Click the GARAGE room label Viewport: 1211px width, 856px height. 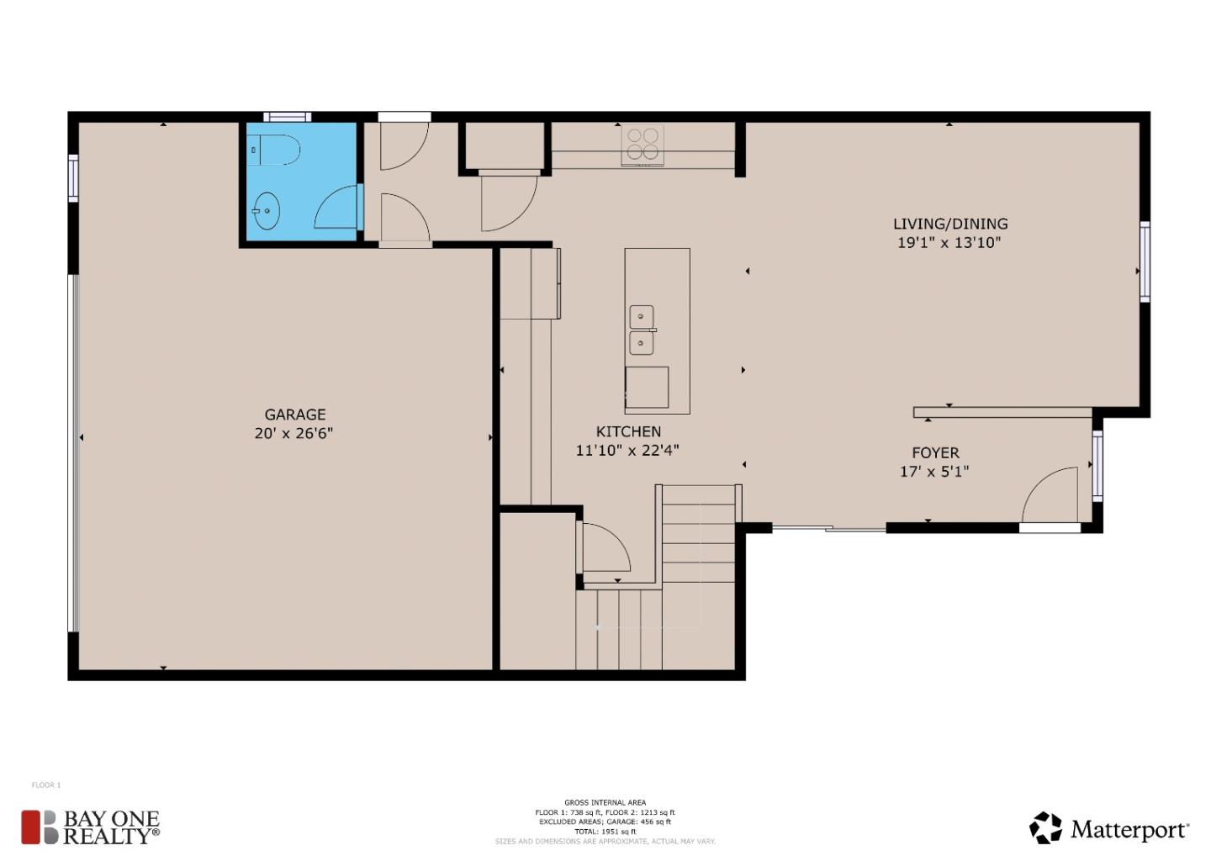294,415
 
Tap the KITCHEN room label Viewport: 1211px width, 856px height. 628,431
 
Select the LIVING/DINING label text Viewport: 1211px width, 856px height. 950,224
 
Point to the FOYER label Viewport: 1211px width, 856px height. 935,453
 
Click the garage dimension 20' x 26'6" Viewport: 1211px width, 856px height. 293,434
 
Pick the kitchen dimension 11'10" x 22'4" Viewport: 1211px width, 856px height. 627,451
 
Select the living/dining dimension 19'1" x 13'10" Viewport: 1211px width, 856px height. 949,243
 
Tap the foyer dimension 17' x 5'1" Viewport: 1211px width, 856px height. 934,472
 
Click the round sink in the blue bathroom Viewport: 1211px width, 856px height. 267,211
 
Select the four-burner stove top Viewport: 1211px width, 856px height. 643,145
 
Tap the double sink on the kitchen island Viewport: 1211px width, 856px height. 642,330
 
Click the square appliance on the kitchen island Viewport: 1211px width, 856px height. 647,388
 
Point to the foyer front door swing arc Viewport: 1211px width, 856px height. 1049,495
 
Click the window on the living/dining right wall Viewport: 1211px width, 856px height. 1145,262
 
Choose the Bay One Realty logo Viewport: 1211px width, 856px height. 91,827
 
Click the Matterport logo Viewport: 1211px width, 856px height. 1109,829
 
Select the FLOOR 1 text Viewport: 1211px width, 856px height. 46,785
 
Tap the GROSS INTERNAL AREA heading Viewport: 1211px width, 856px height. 605,803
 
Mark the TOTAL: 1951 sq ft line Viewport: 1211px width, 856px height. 605,832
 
